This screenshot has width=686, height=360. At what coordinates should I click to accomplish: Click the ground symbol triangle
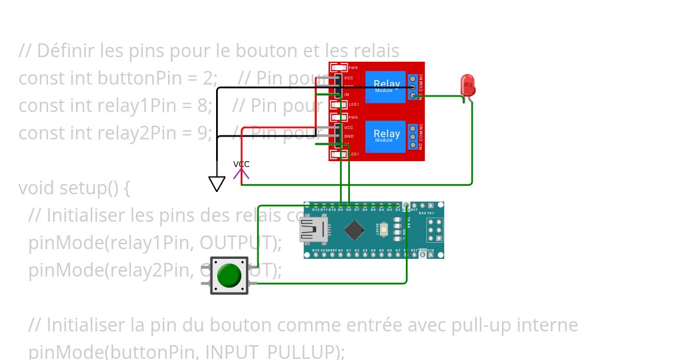(217, 183)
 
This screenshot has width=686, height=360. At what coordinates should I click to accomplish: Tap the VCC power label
(241, 165)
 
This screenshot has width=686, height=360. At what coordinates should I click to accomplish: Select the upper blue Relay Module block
(386, 87)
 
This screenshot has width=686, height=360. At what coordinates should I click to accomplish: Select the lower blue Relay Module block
(386, 136)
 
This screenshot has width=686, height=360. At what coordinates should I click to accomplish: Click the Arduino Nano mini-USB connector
(313, 230)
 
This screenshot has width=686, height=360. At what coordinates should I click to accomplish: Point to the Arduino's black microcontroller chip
(354, 230)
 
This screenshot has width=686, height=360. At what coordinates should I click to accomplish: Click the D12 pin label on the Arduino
(316, 210)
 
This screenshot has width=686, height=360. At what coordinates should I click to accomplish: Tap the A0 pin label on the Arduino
(340, 250)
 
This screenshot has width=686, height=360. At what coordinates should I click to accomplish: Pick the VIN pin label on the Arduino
(430, 250)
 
